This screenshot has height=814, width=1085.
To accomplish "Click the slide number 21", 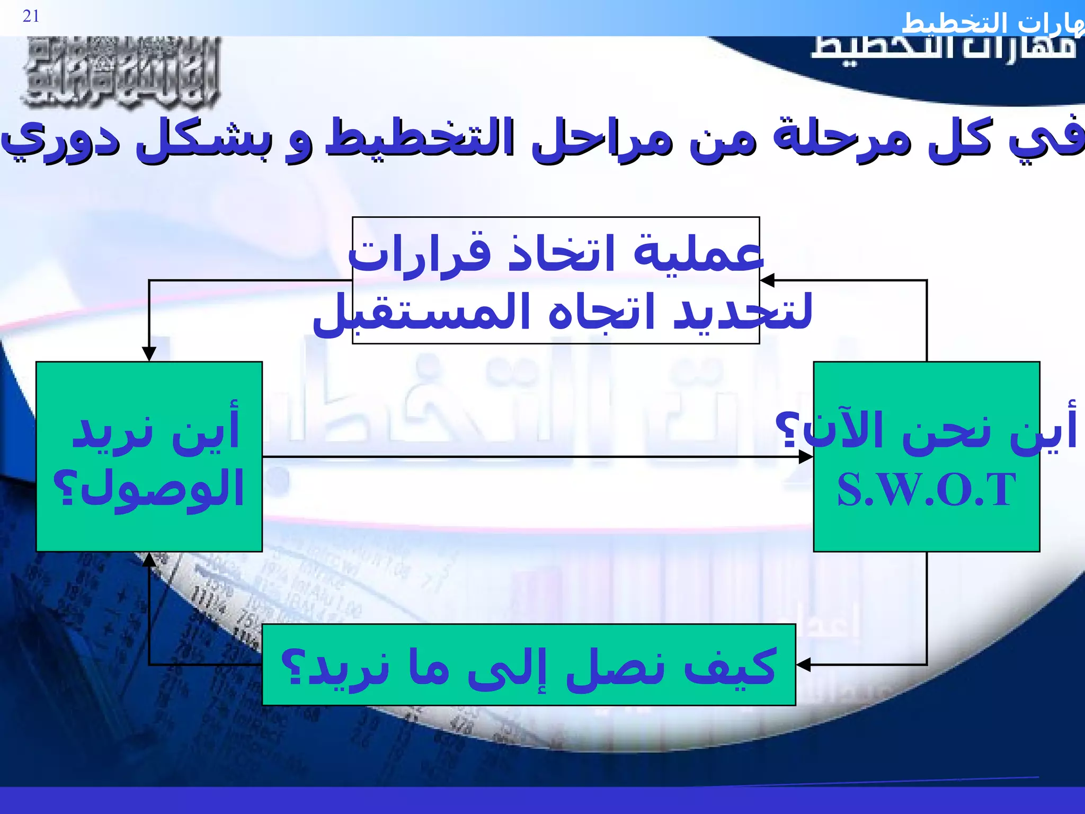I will click(x=31, y=16).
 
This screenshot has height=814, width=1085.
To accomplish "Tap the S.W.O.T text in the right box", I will click(x=926, y=490).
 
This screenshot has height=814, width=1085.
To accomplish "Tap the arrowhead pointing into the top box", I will click(x=768, y=280).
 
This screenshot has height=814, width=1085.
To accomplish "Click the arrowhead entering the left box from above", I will click(x=149, y=354).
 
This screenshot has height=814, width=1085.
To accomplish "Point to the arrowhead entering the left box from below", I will click(x=149, y=559).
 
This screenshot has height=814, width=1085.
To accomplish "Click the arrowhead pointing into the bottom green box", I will click(x=803, y=664).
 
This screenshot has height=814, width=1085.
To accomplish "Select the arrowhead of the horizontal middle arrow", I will click(x=806, y=457).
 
